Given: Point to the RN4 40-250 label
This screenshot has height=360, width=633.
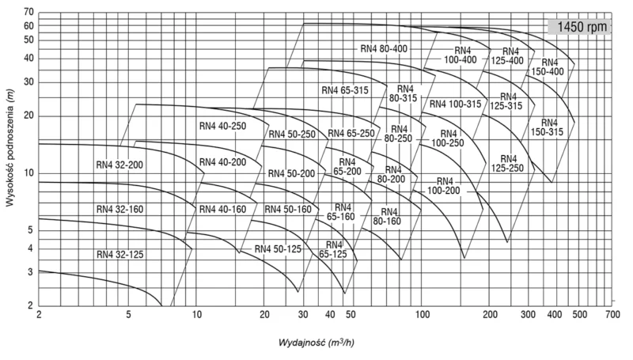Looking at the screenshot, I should (223, 126).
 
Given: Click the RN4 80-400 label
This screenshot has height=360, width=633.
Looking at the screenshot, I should (382, 48).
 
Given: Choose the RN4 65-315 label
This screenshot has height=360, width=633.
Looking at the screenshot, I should (345, 90).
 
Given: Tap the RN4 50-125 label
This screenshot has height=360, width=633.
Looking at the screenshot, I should (278, 248).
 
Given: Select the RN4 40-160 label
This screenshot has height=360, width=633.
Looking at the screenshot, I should (222, 209).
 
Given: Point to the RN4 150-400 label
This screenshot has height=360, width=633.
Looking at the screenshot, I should (548, 66).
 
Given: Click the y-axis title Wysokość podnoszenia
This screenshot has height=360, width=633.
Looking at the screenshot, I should (10, 158).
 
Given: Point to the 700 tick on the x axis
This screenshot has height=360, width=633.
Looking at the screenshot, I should (610, 315).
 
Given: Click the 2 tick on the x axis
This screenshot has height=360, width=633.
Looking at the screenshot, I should (38, 315).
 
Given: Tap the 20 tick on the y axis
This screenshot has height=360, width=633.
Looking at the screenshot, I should (29, 116).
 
